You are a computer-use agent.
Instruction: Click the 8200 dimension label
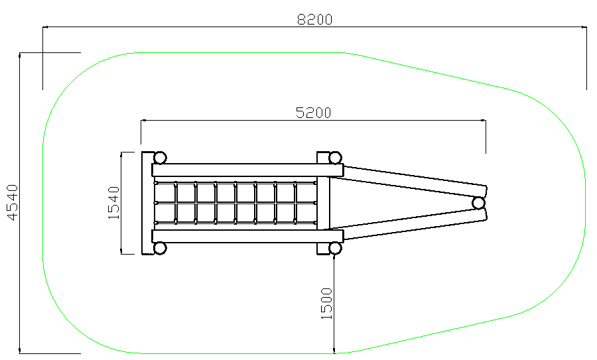(x=314, y=19)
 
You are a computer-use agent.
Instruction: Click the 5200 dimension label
(x=313, y=113)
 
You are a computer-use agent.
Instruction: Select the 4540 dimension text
(x=13, y=202)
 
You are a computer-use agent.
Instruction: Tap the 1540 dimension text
(x=114, y=202)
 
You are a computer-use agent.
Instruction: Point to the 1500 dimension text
(x=326, y=304)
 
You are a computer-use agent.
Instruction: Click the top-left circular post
(x=160, y=158)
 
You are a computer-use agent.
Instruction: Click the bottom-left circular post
(x=160, y=248)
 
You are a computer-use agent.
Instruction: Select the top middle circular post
(x=335, y=158)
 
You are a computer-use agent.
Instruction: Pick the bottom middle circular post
(x=335, y=248)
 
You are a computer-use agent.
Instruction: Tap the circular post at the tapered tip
(x=478, y=203)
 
